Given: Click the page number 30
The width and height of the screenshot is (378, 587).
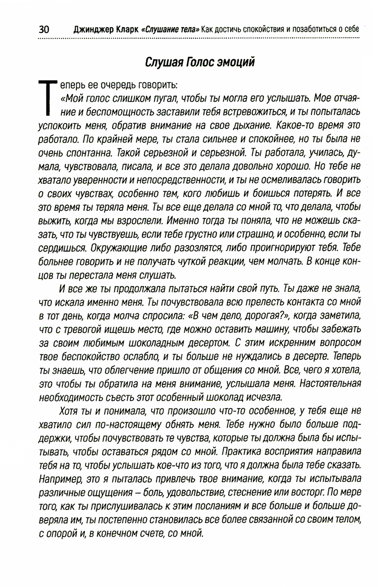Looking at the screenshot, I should (46, 30).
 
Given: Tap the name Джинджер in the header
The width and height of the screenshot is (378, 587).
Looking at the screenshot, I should (90, 30).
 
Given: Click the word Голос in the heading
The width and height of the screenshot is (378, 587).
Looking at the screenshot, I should (199, 62).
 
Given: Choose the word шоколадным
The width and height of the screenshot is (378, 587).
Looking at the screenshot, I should (157, 343).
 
